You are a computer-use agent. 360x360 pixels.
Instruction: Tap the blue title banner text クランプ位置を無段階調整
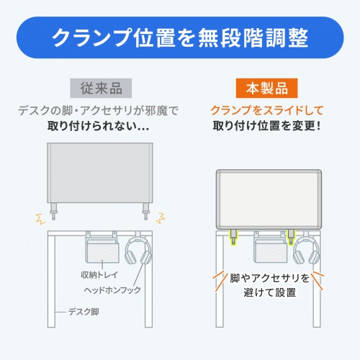tap(180, 37)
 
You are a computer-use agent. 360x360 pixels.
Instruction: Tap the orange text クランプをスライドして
tap(261, 112)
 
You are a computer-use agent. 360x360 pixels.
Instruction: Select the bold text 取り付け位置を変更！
tap(261, 128)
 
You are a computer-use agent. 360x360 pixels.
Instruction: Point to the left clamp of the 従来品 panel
tap(55, 210)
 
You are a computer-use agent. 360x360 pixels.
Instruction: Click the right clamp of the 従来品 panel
tap(146, 210)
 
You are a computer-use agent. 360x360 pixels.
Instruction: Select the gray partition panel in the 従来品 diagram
tap(99, 173)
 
